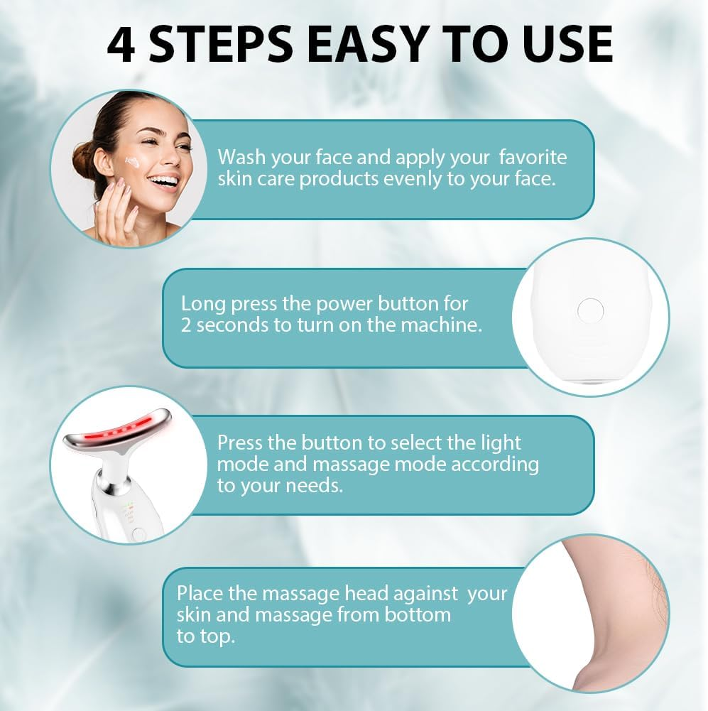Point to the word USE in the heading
[x=562, y=44]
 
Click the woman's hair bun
[x=85, y=160]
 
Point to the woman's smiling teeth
[x=164, y=181]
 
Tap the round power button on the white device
[x=589, y=310]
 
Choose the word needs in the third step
[x=315, y=487]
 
